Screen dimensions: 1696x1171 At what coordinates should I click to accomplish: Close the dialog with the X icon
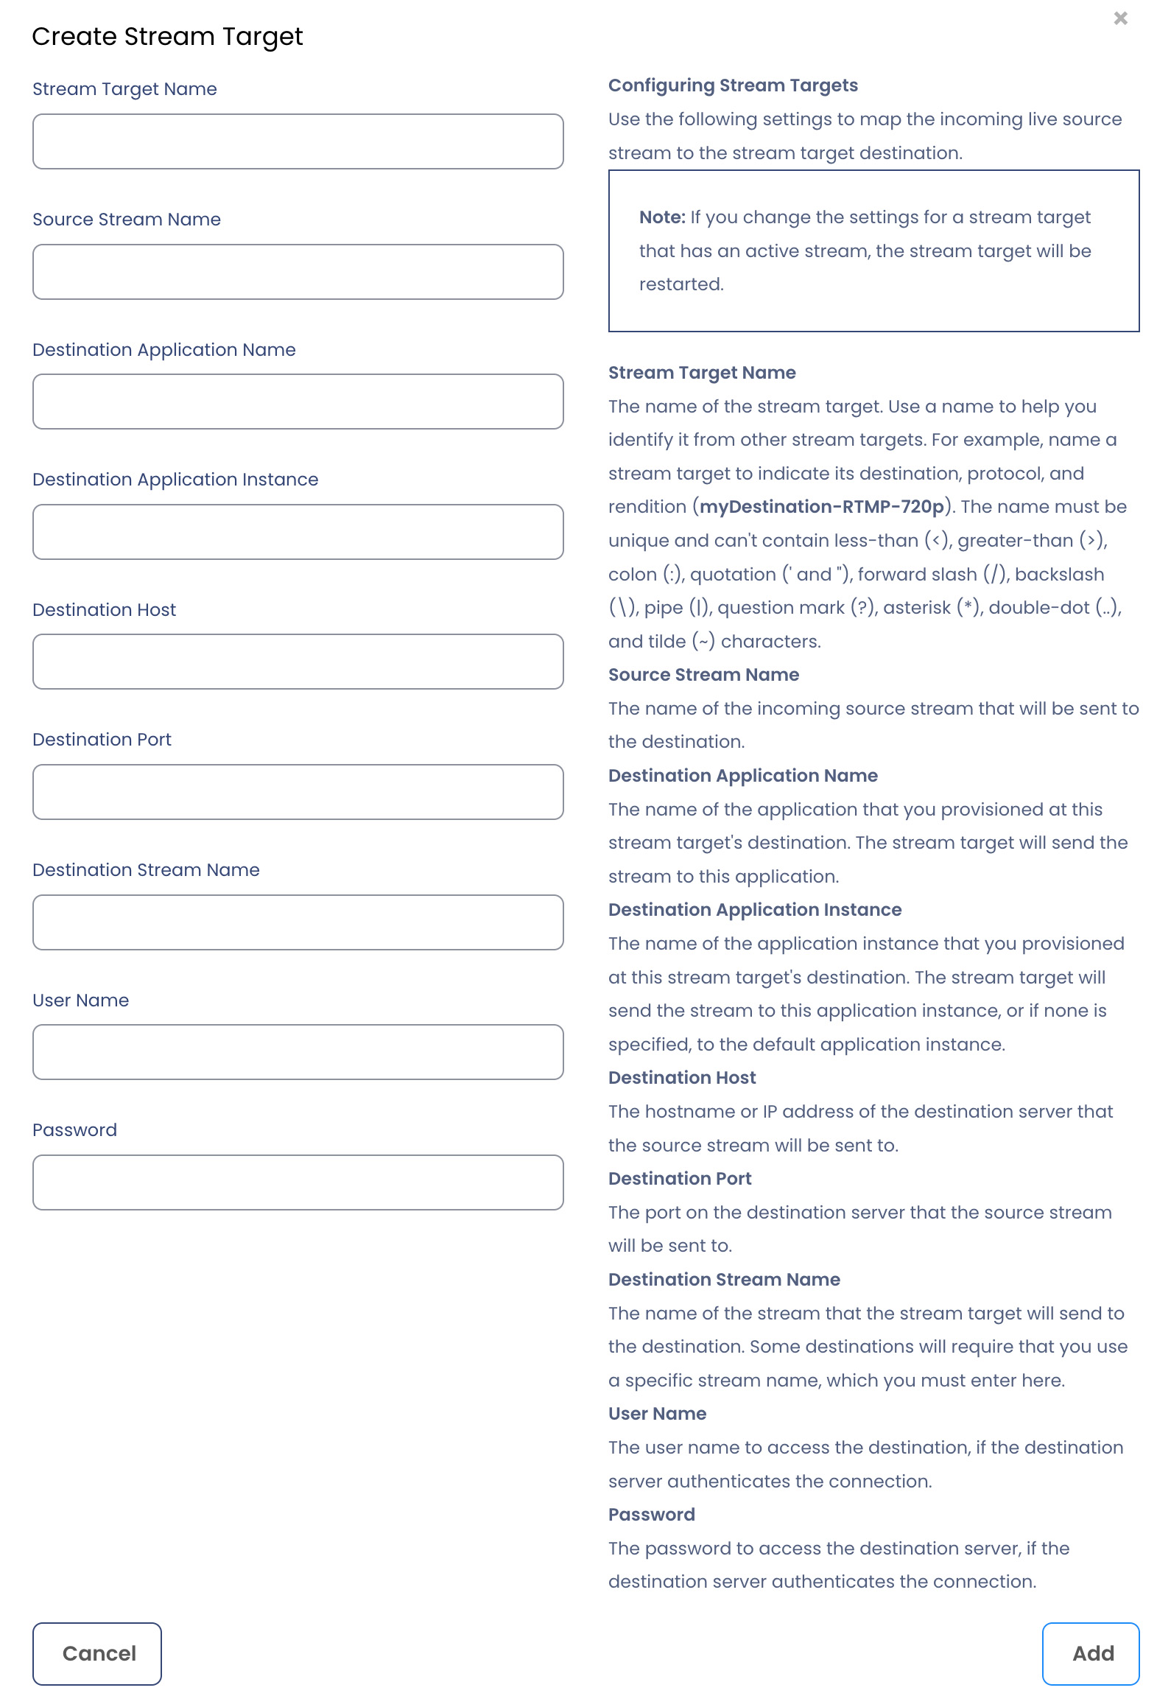tap(1120, 18)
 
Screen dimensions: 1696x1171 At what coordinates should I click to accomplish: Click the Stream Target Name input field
tap(298, 141)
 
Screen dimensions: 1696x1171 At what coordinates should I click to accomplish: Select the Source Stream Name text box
tap(298, 272)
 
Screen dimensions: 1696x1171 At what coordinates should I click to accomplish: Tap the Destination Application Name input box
tap(298, 402)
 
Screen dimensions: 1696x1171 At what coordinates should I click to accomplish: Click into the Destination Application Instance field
tap(298, 532)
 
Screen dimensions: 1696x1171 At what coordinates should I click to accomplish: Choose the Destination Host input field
tap(298, 662)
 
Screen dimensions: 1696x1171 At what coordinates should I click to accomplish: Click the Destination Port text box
tap(298, 792)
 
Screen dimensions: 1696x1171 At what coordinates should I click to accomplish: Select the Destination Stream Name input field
tap(298, 922)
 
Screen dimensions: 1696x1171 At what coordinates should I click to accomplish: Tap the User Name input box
tap(298, 1052)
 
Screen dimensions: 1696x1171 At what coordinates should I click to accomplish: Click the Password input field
tap(298, 1182)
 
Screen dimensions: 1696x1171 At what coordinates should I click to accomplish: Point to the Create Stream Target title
tap(167, 37)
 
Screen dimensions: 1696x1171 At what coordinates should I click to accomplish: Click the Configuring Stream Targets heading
tap(733, 85)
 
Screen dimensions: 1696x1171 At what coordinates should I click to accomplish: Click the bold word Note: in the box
tap(662, 217)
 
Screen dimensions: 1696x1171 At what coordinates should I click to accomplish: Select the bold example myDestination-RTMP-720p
tap(822, 507)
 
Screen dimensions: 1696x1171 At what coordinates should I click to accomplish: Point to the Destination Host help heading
tap(682, 1078)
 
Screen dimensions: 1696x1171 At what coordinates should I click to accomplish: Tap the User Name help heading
tap(657, 1414)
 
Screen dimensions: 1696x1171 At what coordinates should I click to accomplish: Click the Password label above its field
tap(74, 1130)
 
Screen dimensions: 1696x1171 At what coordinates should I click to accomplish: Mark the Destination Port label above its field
tap(102, 740)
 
